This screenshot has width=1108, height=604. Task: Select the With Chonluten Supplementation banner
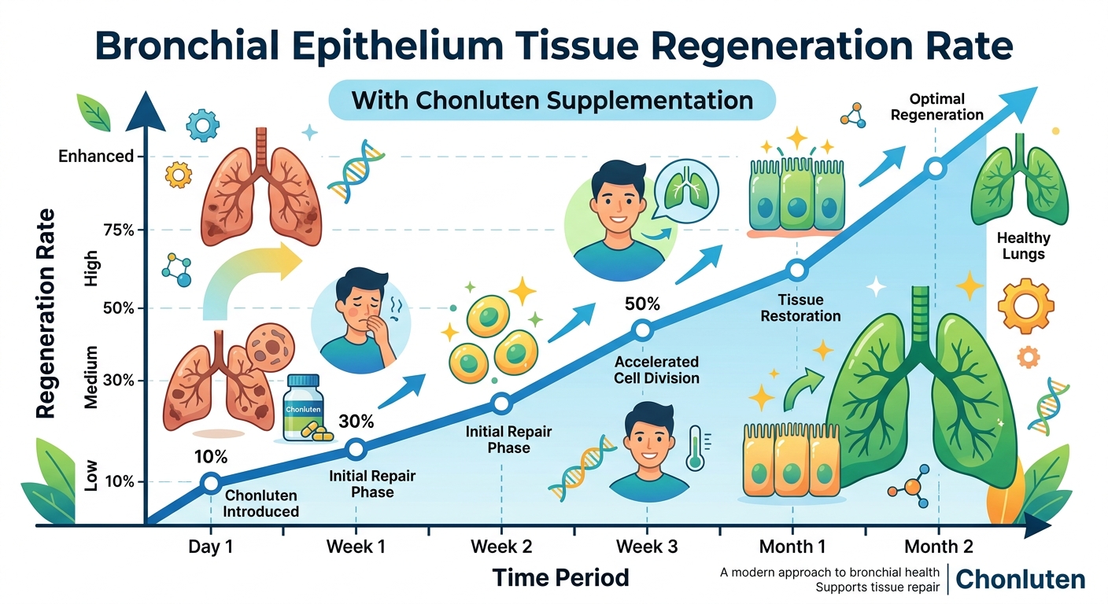point(552,100)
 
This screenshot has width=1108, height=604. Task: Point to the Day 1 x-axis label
point(211,546)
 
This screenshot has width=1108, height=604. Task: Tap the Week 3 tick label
point(646,546)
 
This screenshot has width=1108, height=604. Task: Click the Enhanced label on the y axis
point(96,157)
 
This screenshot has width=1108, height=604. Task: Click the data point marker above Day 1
point(211,482)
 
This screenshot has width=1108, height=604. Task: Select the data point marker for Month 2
point(935,168)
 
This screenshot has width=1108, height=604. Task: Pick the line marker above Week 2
point(501,403)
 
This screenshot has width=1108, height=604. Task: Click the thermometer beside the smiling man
point(694,448)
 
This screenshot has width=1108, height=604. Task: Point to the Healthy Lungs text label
point(1023,245)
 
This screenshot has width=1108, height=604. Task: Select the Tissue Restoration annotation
point(801,308)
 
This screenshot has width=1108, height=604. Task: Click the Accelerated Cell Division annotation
point(656,370)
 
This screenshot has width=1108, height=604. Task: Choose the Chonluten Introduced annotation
point(261,503)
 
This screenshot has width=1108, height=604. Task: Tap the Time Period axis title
point(560,578)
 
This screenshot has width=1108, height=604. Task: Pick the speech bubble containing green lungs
point(681,189)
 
